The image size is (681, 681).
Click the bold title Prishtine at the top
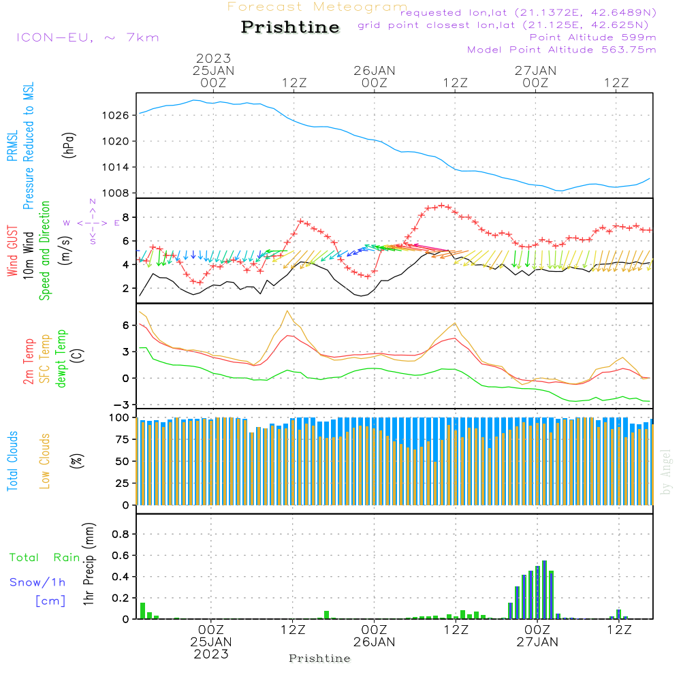[x=290, y=27]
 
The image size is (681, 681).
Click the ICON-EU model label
[x=87, y=37]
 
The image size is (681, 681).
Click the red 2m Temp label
[x=29, y=360]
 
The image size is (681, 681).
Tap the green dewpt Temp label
[x=61, y=359]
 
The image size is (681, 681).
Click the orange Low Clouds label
[x=45, y=461]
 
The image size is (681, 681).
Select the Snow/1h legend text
[x=37, y=582]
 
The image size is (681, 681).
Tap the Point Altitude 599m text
[x=592, y=37]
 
